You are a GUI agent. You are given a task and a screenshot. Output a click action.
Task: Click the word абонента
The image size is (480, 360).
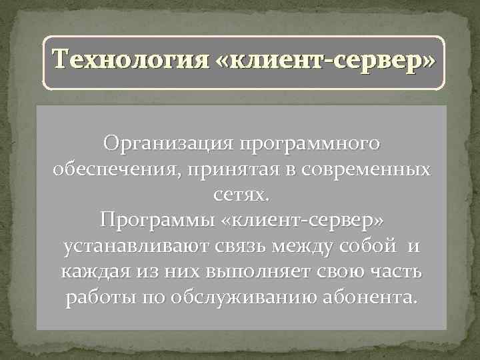click(x=373, y=297)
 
